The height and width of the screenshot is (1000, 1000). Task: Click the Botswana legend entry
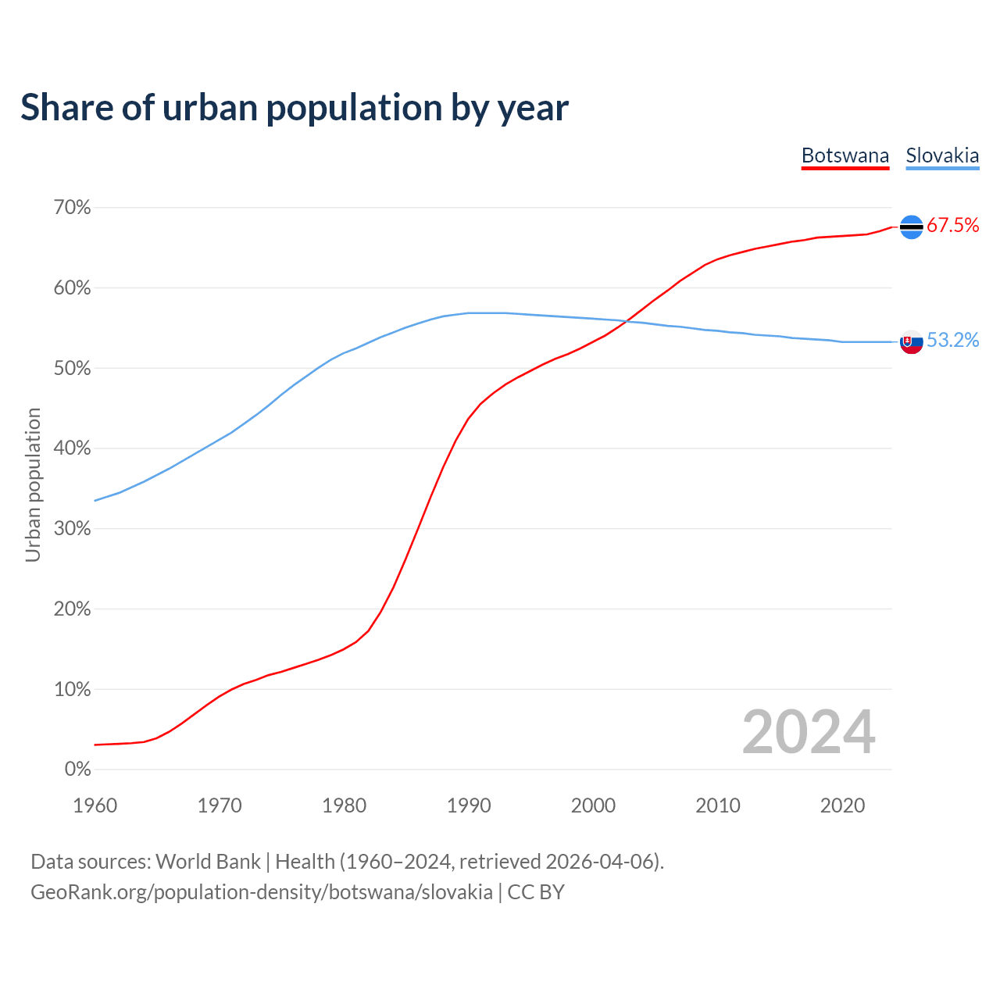click(845, 155)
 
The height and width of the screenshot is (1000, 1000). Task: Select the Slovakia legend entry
click(942, 155)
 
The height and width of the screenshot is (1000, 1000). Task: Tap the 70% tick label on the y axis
click(72, 208)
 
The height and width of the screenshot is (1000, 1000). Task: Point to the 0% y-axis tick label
click(77, 770)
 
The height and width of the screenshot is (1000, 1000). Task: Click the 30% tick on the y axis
click(72, 529)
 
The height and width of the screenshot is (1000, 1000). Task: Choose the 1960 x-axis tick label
click(95, 805)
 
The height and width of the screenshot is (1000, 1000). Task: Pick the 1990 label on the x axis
click(469, 805)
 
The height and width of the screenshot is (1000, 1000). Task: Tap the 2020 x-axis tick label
click(842, 805)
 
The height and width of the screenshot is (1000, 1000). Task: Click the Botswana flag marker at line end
click(912, 227)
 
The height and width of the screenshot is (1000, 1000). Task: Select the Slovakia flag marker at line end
click(912, 341)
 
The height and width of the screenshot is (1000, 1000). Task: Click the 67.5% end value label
click(952, 226)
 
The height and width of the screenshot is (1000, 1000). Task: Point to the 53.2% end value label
click(952, 340)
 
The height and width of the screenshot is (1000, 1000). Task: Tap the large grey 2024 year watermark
click(809, 732)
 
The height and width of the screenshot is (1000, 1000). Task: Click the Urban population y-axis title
click(33, 484)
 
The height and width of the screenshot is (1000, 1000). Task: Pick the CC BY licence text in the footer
click(536, 892)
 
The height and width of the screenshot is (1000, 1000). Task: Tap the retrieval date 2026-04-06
click(602, 862)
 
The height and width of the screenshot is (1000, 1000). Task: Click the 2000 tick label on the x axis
click(593, 805)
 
